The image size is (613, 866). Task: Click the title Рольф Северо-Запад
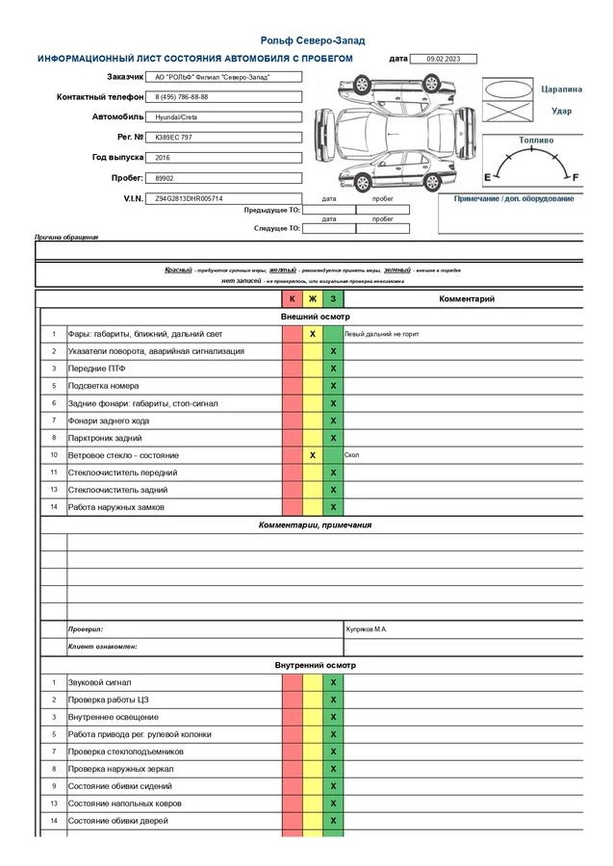pyautogui.click(x=313, y=40)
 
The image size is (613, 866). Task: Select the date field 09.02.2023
pyautogui.click(x=444, y=59)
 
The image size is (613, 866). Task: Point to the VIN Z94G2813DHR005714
pyautogui.click(x=189, y=198)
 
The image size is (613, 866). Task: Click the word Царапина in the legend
pyautogui.click(x=562, y=89)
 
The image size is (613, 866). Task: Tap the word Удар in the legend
pyautogui.click(x=561, y=111)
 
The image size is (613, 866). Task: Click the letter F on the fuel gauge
pyautogui.click(x=575, y=177)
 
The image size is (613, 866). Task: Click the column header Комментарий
pyautogui.click(x=467, y=299)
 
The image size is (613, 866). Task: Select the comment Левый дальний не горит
pyautogui.click(x=382, y=334)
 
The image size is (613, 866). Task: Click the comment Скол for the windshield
pyautogui.click(x=351, y=455)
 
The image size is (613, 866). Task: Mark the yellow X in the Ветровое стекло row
pyautogui.click(x=313, y=455)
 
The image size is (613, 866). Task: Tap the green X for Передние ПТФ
pyautogui.click(x=333, y=369)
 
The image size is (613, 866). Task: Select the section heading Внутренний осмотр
pyautogui.click(x=315, y=665)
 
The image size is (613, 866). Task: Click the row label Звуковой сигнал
pyautogui.click(x=99, y=682)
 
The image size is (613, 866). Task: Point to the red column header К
pyautogui.click(x=293, y=299)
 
